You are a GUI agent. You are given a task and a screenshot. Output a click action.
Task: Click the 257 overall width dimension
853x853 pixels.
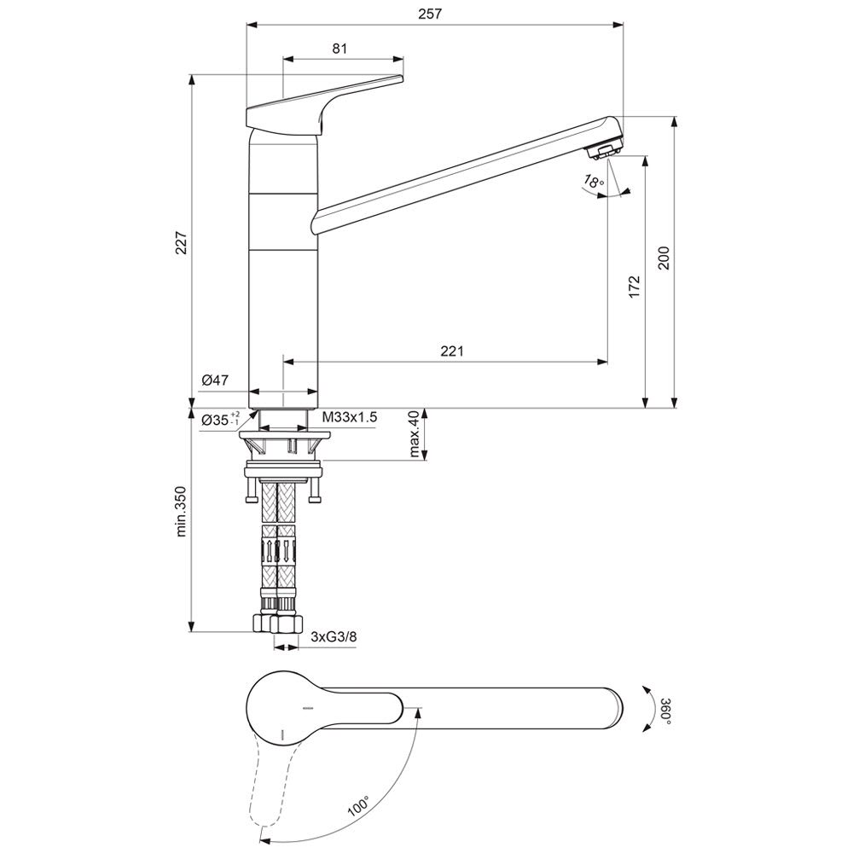(x=430, y=15)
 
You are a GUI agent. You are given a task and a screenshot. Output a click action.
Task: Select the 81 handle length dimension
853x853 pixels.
(x=339, y=49)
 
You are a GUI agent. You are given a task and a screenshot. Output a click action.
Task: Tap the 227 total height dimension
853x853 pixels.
(x=181, y=242)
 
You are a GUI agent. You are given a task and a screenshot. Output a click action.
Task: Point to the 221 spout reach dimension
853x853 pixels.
(x=452, y=351)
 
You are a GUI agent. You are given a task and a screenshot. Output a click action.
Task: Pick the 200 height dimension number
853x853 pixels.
(x=664, y=258)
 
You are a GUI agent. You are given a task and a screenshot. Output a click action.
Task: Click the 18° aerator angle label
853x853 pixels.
(x=594, y=180)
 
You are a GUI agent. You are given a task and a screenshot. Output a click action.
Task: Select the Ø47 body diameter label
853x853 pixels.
(x=215, y=380)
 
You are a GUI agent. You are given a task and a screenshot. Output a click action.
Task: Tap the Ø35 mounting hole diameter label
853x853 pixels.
(x=220, y=419)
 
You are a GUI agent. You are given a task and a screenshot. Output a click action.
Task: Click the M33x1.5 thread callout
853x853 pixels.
(x=350, y=417)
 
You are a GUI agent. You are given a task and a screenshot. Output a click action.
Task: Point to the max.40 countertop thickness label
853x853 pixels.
(x=415, y=435)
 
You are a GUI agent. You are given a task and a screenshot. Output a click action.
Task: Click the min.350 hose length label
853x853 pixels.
(x=181, y=511)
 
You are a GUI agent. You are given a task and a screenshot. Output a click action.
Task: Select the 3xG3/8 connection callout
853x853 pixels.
(x=334, y=636)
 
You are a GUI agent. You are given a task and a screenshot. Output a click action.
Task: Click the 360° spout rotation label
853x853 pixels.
(x=665, y=711)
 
